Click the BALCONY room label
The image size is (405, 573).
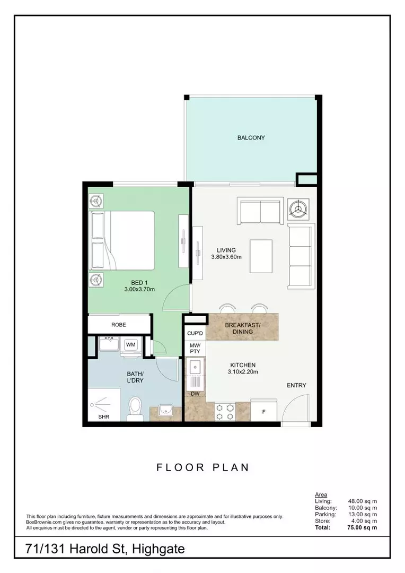pos(251,138)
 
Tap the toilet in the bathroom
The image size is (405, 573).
pos(135,409)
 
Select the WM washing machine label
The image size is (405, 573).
pos(130,345)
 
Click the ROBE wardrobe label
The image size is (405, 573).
pos(119,325)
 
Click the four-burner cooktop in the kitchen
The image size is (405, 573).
pos(225,412)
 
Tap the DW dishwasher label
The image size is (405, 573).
pos(196,394)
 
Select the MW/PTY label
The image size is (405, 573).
pos(195,348)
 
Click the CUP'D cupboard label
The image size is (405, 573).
pos(195,333)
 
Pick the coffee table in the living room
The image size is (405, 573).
pos(261,256)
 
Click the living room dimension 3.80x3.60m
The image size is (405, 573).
pos(226,257)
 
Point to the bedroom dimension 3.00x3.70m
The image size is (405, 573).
pos(139,290)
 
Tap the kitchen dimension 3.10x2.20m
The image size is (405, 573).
pos(243,372)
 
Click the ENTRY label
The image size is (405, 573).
pos(296,385)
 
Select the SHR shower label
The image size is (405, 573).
pos(104,416)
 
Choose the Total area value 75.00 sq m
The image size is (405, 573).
pos(362,527)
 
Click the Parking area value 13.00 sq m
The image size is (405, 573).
pos(363,514)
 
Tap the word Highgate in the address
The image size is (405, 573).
pos(158,549)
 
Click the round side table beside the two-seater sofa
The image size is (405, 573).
pos(298,209)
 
